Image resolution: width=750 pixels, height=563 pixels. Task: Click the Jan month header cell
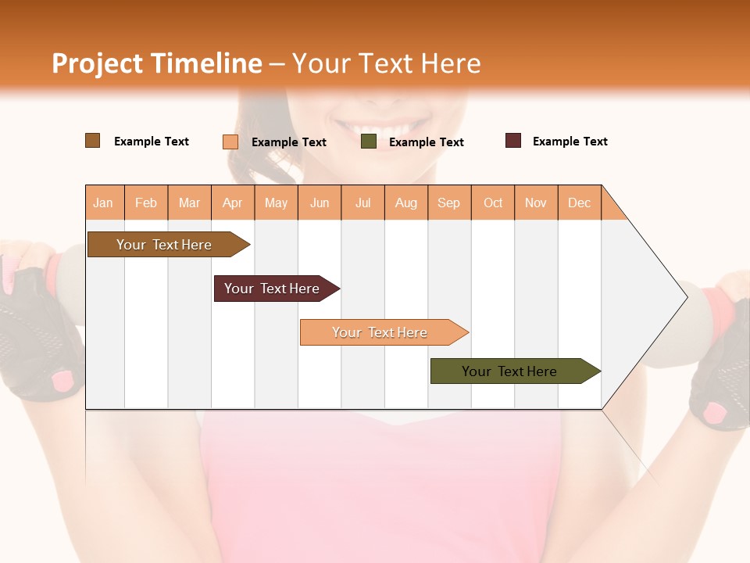104,203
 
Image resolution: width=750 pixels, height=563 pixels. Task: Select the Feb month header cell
146,203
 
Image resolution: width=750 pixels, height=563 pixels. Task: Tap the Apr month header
233,203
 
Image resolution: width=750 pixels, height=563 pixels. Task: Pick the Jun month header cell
320,203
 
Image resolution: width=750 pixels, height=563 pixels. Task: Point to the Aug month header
406,203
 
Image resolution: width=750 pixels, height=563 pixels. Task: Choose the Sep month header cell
449,203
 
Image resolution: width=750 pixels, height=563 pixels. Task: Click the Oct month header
493,203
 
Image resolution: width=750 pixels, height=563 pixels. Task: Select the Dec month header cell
580,203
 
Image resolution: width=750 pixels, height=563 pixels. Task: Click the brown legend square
93,141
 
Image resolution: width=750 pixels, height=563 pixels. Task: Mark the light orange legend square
230,142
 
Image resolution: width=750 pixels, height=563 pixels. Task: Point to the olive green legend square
369,142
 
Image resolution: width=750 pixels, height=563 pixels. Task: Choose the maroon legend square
513,141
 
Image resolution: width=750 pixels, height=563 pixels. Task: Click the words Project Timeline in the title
157,63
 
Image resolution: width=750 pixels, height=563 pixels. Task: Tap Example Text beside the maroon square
570,142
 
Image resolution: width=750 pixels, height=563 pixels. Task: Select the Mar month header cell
189,203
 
